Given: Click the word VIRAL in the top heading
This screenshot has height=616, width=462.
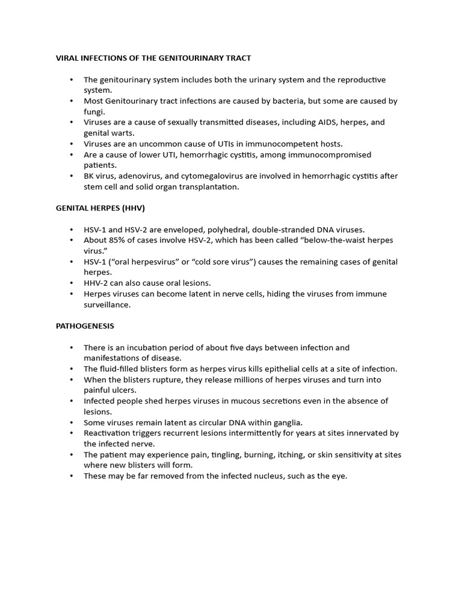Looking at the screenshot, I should click(68, 58).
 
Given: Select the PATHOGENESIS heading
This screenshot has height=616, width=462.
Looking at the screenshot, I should click(85, 326).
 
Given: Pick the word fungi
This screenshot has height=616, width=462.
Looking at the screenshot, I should click(94, 112).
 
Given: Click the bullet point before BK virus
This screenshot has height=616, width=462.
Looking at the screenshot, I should click(72, 176).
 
